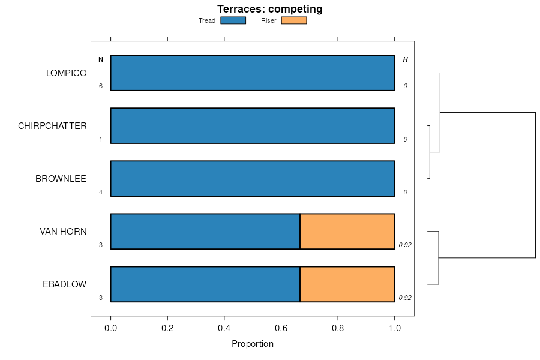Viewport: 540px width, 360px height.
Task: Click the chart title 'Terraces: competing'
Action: click(x=269, y=9)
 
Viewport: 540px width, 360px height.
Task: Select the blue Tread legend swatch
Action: click(x=233, y=20)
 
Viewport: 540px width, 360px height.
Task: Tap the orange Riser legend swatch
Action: click(x=293, y=20)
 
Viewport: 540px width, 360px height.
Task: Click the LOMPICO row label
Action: click(x=67, y=73)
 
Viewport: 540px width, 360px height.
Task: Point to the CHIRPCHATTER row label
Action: click(x=52, y=126)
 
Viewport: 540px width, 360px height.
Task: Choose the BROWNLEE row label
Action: click(x=61, y=179)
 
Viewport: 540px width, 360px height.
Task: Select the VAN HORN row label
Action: click(x=63, y=232)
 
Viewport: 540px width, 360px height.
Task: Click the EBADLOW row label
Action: click(x=64, y=284)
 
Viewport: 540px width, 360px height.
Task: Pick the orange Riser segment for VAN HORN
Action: click(x=347, y=232)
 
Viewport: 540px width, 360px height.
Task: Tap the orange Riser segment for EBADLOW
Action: click(x=347, y=284)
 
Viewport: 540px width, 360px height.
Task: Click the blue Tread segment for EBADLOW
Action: click(x=205, y=284)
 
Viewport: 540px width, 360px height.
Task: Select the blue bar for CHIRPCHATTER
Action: click(x=253, y=126)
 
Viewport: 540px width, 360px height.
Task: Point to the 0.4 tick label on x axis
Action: click(x=224, y=329)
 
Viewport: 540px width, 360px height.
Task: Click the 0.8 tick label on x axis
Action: click(x=338, y=329)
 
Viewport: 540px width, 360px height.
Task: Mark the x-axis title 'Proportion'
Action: click(x=253, y=344)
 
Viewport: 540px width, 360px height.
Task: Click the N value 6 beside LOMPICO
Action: click(x=101, y=86)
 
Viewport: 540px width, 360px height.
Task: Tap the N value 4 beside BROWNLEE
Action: click(x=101, y=192)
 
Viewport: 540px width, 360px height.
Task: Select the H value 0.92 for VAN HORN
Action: click(x=405, y=245)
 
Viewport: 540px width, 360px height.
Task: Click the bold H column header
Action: click(x=405, y=59)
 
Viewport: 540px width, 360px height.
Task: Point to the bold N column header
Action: click(x=101, y=59)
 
